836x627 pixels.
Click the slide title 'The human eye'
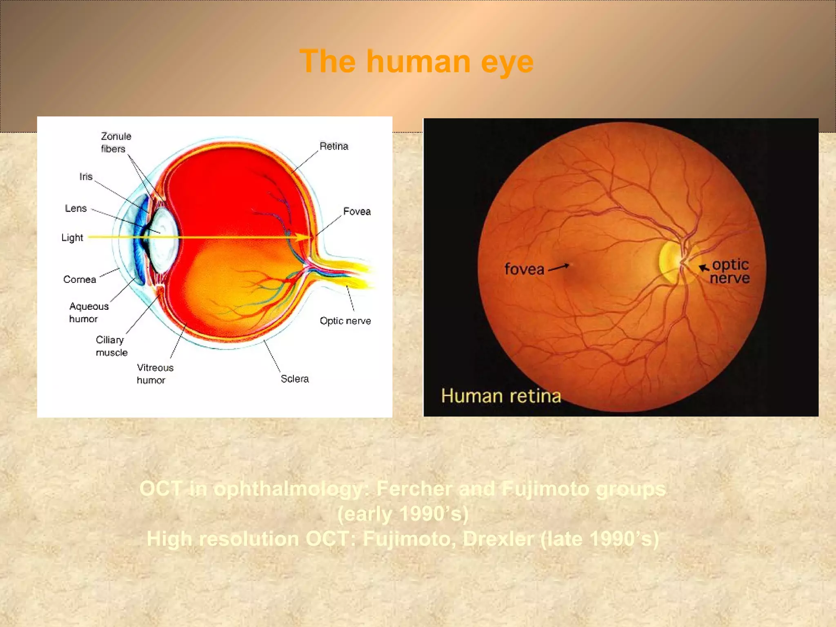(416, 61)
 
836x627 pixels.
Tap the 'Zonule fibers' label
(116, 142)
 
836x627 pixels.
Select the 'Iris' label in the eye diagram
(86, 177)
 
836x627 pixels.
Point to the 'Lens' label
(76, 209)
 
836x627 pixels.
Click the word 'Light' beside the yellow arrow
(72, 238)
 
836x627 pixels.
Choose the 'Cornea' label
(80, 280)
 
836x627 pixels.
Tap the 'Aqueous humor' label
(89, 312)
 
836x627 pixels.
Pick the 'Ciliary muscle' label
(111, 346)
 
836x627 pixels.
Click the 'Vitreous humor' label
(155, 374)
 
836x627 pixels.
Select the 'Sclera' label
(295, 379)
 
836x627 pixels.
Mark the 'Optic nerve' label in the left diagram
(345, 321)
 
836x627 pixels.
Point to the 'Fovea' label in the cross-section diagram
(357, 211)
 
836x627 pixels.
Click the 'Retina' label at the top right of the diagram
(334, 146)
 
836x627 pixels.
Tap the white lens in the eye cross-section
(163, 239)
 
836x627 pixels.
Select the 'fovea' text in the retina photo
(524, 269)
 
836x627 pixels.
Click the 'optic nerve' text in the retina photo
(730, 271)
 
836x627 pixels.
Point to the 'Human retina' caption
(501, 396)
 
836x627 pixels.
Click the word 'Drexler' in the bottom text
(498, 539)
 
